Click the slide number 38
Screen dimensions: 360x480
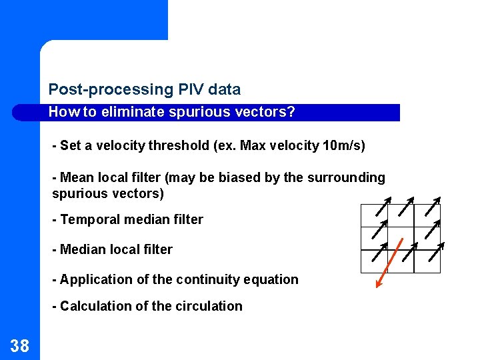tap(20, 345)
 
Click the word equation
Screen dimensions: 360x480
tap(270, 279)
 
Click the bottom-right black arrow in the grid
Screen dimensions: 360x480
tap(436, 251)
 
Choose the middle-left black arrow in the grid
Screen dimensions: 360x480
tap(380, 230)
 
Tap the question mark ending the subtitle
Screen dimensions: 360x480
tap(291, 112)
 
